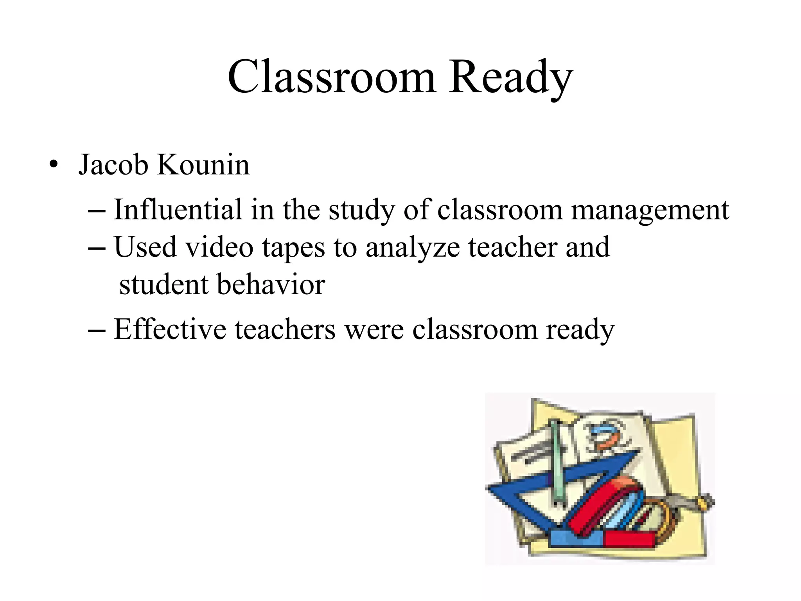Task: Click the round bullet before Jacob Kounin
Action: (x=54, y=164)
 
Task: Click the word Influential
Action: (x=178, y=210)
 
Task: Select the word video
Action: (x=219, y=247)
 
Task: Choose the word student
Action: (x=163, y=284)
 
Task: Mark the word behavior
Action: (x=271, y=284)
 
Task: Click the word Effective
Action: (x=170, y=329)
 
